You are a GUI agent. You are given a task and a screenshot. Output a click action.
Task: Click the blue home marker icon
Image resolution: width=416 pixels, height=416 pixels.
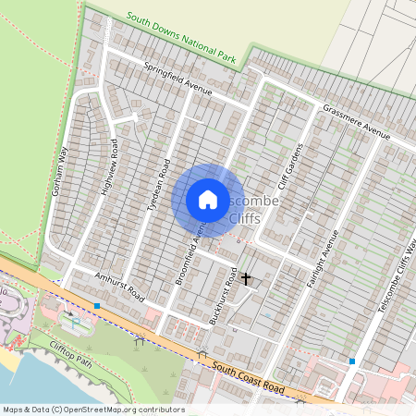[208, 199]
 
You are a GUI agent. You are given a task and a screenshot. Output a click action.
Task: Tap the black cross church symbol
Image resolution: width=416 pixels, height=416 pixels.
[246, 277]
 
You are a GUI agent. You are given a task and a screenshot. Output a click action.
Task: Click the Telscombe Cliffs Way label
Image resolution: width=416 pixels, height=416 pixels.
[396, 277]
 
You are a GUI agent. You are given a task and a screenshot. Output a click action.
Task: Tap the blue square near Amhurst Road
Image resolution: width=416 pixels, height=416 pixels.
[96, 305]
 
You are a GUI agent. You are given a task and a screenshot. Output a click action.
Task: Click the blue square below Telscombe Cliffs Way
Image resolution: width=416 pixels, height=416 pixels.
[351, 361]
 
